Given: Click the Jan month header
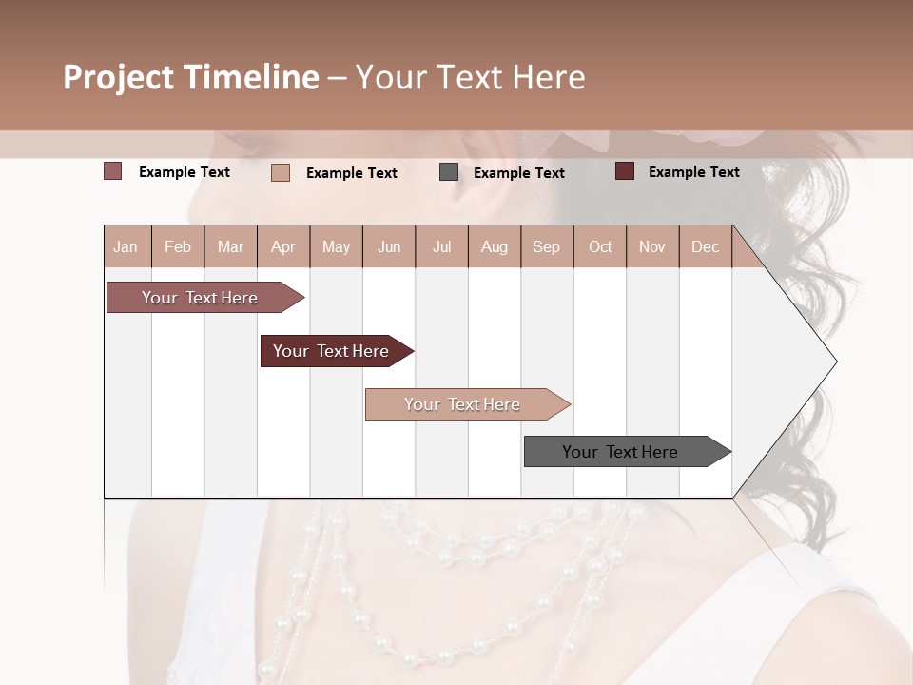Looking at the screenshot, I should tap(126, 246).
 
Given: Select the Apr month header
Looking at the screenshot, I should tap(282, 246).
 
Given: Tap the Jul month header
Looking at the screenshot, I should tap(441, 246).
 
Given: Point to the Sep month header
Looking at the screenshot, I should tap(546, 246).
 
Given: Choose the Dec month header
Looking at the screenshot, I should tap(705, 246).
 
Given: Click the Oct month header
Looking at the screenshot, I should tap(599, 246).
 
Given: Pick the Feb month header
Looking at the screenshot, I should tap(178, 246).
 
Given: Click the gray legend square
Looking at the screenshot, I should tap(449, 172).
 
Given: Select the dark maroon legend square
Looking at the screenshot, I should tap(625, 171).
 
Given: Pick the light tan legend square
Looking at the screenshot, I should tap(281, 172).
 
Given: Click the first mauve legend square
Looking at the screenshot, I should tap(112, 171).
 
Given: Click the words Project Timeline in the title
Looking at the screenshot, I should tap(190, 77).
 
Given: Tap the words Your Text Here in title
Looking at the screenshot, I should tap(471, 77).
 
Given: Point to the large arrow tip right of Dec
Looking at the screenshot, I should tap(808, 362).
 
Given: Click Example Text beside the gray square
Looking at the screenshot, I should tap(518, 173).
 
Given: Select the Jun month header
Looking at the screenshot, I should tap(388, 246).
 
